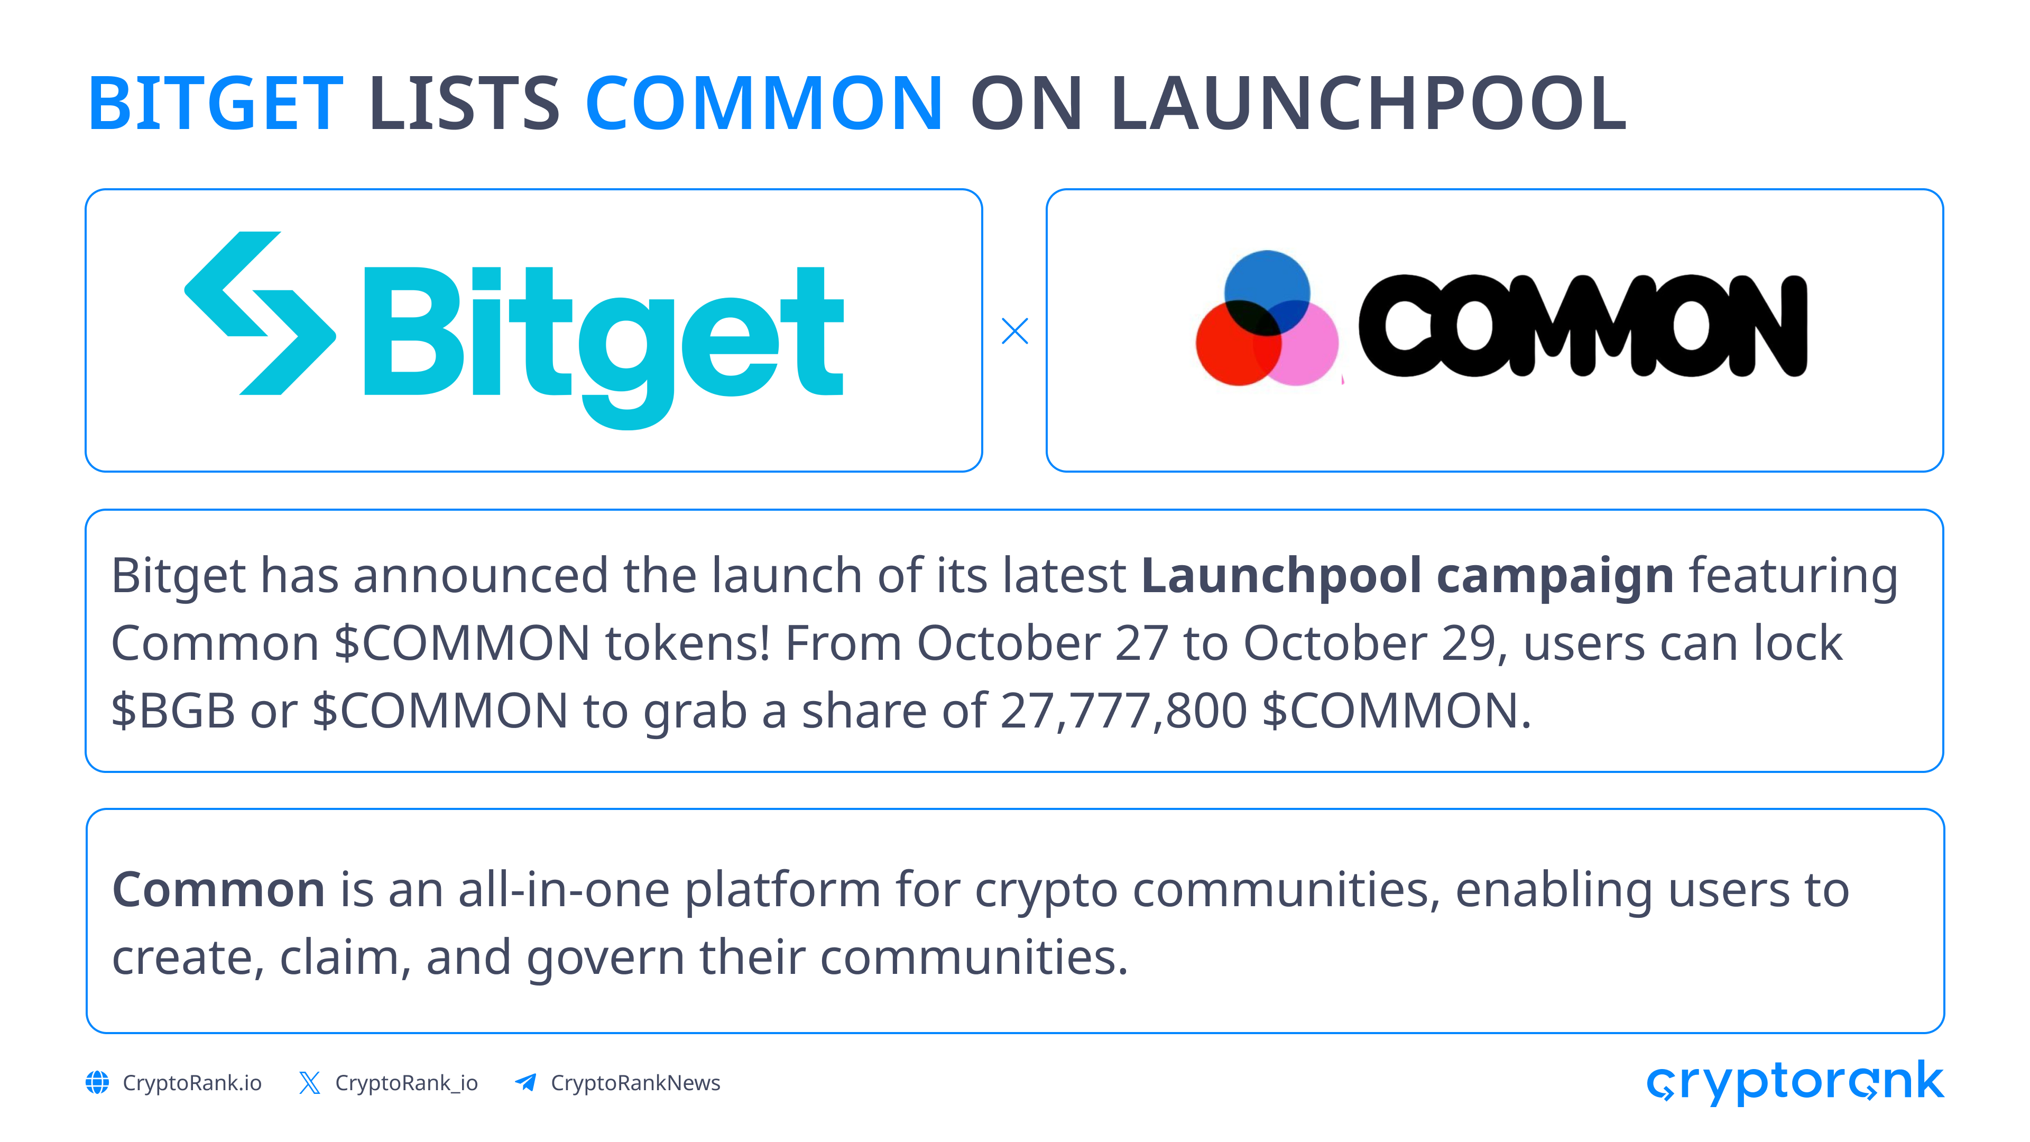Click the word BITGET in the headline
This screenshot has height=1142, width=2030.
[x=215, y=103]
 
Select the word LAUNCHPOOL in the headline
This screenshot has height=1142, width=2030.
[x=1368, y=103]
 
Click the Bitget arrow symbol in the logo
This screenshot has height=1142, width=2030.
[x=260, y=313]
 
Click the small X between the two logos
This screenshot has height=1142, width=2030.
[x=1014, y=331]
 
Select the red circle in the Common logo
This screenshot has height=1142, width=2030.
[x=1239, y=343]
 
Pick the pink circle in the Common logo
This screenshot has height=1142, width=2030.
[x=1296, y=343]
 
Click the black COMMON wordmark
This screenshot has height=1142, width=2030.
[x=1582, y=326]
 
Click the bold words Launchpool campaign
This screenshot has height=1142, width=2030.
[x=1407, y=576]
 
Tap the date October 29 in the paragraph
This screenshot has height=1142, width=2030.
[x=1370, y=642]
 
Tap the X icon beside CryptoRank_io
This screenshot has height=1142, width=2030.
[x=310, y=1082]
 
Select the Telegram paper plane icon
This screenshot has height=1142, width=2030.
[x=525, y=1082]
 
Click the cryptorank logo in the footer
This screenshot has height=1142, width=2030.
[x=1795, y=1082]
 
